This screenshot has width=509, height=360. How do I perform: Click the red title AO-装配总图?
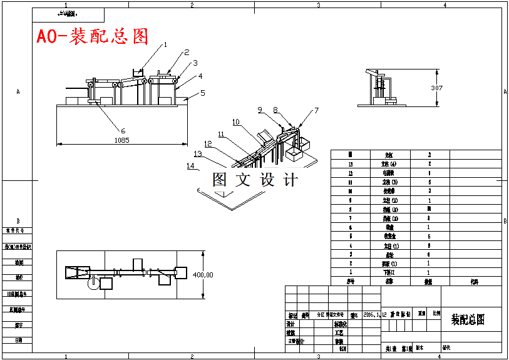click(92, 36)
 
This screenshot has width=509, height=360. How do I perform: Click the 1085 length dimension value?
click(121, 140)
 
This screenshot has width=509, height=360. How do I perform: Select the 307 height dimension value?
click(436, 88)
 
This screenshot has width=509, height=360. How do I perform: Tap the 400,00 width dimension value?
click(202, 274)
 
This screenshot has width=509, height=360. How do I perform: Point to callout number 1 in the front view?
click(166, 44)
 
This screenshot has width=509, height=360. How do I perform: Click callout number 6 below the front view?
click(123, 130)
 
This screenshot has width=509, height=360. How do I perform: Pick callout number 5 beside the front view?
click(203, 93)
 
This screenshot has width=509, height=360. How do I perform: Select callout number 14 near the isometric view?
click(190, 166)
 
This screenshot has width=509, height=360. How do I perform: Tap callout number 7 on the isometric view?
click(316, 110)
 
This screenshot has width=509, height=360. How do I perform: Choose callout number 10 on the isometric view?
click(235, 122)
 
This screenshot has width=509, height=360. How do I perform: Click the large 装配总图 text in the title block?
click(468, 320)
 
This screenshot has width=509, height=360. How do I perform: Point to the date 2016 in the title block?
click(371, 316)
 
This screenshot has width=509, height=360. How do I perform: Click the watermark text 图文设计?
click(254, 180)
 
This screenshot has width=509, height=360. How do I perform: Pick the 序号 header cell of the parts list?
click(351, 282)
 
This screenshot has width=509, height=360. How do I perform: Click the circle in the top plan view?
click(93, 282)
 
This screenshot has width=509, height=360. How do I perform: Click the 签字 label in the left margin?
click(19, 325)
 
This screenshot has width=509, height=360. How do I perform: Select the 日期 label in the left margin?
click(19, 340)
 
